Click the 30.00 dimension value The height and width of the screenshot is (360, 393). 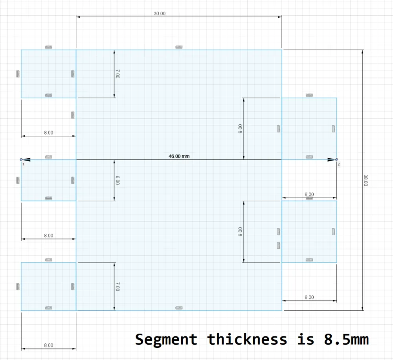160,13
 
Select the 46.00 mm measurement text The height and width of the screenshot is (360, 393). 179,156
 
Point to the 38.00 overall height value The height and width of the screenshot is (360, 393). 365,180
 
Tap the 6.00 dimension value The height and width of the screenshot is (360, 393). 118,180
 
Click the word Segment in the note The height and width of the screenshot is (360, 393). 166,340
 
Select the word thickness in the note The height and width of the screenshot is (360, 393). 247,339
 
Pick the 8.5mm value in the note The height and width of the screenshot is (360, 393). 346,340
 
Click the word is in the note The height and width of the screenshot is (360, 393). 305,339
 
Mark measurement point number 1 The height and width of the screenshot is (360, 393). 21,160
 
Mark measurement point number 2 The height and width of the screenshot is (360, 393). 337,160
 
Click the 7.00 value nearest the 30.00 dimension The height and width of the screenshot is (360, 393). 118,74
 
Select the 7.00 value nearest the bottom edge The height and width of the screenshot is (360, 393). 118,286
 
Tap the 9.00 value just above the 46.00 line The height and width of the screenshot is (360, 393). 241,128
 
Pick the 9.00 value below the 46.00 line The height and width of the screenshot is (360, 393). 241,232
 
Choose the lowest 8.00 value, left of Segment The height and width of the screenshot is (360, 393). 49,345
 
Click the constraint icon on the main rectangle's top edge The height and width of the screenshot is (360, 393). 179,47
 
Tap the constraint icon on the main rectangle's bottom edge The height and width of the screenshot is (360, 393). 179,308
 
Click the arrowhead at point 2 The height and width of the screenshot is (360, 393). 331,160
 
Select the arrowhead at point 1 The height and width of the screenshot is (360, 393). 27,160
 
